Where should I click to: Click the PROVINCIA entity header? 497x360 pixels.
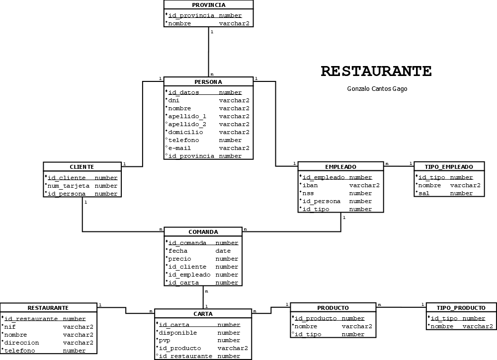208,5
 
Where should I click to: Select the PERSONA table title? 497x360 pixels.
208,82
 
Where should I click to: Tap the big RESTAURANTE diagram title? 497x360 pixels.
376,72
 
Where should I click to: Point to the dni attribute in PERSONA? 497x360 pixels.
174,100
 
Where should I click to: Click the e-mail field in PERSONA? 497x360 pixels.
179,148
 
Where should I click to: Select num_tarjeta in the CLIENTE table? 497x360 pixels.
68,186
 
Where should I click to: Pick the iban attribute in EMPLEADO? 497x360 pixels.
310,185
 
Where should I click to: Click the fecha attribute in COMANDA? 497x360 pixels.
178,251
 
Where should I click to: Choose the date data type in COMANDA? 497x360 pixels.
223,251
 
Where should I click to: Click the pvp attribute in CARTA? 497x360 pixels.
165,340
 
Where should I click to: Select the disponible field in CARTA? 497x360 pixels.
177,333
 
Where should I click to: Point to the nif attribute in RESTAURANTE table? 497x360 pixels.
10,327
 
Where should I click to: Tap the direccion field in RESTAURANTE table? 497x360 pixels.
21,343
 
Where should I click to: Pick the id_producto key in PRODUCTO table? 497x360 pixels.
316,318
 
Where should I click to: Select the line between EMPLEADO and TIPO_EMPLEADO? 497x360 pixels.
399,166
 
